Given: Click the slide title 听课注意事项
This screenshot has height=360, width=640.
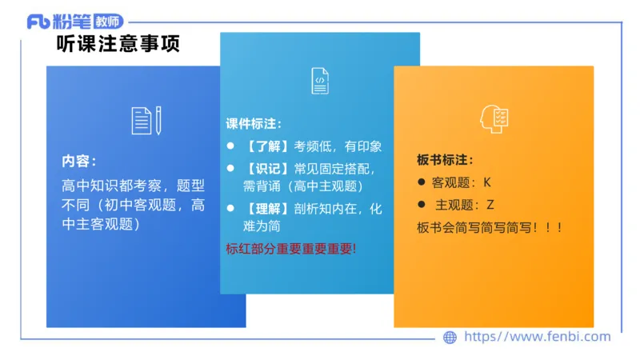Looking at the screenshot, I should point(118,44).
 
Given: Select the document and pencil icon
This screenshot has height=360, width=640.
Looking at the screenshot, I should point(146,119).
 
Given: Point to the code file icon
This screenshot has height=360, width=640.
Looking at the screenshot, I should point(319,81).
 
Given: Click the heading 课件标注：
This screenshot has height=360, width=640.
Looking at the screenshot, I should point(254,124).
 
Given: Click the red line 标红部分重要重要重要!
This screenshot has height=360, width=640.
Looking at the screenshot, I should point(291,248).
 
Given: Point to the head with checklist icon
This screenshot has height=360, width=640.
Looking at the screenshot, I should point(494,118).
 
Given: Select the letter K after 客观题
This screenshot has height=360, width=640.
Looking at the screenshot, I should point(487,182).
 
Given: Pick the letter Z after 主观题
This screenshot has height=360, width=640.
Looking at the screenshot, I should point(490,205).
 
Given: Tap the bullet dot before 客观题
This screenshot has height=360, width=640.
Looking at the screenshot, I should point(422,182).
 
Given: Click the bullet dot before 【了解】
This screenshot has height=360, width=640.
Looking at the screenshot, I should point(230,146).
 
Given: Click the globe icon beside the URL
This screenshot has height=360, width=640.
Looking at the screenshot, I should point(450,338).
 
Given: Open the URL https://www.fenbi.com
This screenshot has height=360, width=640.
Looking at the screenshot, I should point(537,338).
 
